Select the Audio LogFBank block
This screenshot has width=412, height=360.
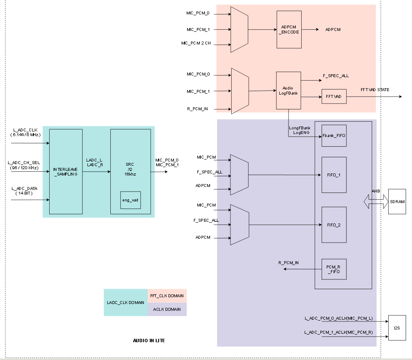pos(289,90)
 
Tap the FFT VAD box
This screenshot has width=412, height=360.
pos(334,97)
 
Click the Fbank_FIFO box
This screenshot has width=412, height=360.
pos(334,136)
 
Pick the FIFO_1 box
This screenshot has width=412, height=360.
pos(334,174)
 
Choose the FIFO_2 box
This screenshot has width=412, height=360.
pos(334,225)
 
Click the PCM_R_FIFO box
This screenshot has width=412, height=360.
pos(334,269)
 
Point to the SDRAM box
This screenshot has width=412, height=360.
pos(397,201)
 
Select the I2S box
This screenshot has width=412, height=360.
pos(397,328)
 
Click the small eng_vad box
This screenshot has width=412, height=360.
pos(130,200)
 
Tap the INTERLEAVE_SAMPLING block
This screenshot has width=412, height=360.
pos(66,172)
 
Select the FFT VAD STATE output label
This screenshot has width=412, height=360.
pos(375,89)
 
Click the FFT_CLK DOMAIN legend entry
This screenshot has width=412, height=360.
pos(167,296)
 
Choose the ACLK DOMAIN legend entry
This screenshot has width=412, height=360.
pos(167,309)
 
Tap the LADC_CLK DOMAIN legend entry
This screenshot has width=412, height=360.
pos(126,302)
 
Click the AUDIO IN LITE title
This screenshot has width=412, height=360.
pos(149,340)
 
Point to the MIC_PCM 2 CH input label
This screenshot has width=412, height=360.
pos(196,43)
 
